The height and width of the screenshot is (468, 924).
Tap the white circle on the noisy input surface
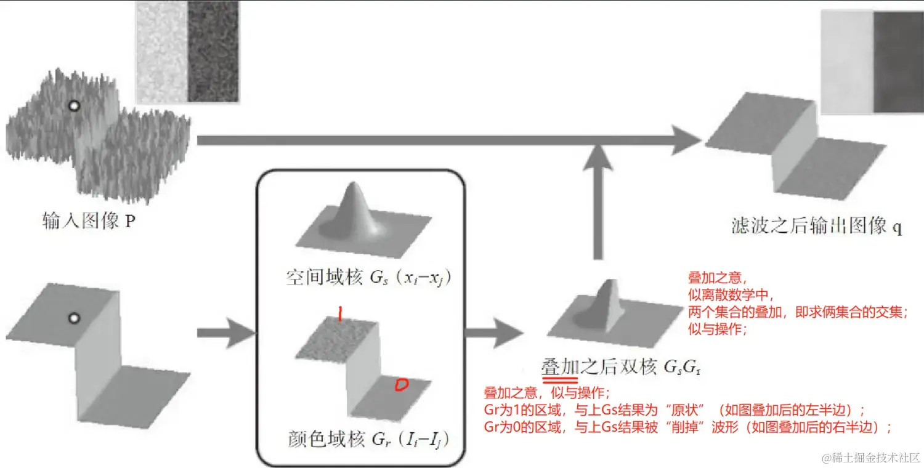click(x=74, y=106)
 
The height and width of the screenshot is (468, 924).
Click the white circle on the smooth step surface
click(x=74, y=318)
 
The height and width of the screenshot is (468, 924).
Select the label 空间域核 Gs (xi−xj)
click(x=369, y=278)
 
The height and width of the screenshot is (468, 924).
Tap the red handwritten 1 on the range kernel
click(x=339, y=315)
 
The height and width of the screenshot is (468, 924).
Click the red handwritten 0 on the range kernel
click(x=401, y=385)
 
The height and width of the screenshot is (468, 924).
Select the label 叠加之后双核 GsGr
click(x=621, y=368)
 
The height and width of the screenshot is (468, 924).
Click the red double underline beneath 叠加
click(x=559, y=381)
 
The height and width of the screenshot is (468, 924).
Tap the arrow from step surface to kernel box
click(x=225, y=333)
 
